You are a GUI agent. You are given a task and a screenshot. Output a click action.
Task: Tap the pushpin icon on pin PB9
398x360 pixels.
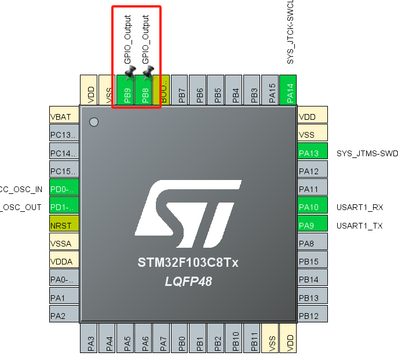[130, 72]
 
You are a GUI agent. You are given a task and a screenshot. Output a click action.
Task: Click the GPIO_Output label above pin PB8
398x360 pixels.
[145, 39]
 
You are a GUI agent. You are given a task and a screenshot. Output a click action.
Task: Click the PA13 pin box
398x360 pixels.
[312, 153]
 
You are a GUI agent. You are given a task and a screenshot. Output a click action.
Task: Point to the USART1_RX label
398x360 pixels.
[359, 207]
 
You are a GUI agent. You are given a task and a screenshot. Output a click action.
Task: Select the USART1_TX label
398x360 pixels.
[359, 226]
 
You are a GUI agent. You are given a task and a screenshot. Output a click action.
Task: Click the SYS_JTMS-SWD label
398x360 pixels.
[367, 153]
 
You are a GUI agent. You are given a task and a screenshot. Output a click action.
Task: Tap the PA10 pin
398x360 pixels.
[312, 207]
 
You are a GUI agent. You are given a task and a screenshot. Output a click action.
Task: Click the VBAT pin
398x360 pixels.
[64, 117]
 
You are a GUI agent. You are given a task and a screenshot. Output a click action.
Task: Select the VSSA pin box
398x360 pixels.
[64, 244]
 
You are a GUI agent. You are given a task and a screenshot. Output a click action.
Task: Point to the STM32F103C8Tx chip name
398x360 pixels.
[188, 262]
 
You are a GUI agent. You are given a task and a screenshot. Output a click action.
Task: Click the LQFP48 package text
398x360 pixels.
[188, 282]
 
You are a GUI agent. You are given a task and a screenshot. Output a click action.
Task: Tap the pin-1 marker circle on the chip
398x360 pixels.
[94, 122]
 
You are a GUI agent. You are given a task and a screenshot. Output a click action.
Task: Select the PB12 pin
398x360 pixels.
[312, 316]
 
